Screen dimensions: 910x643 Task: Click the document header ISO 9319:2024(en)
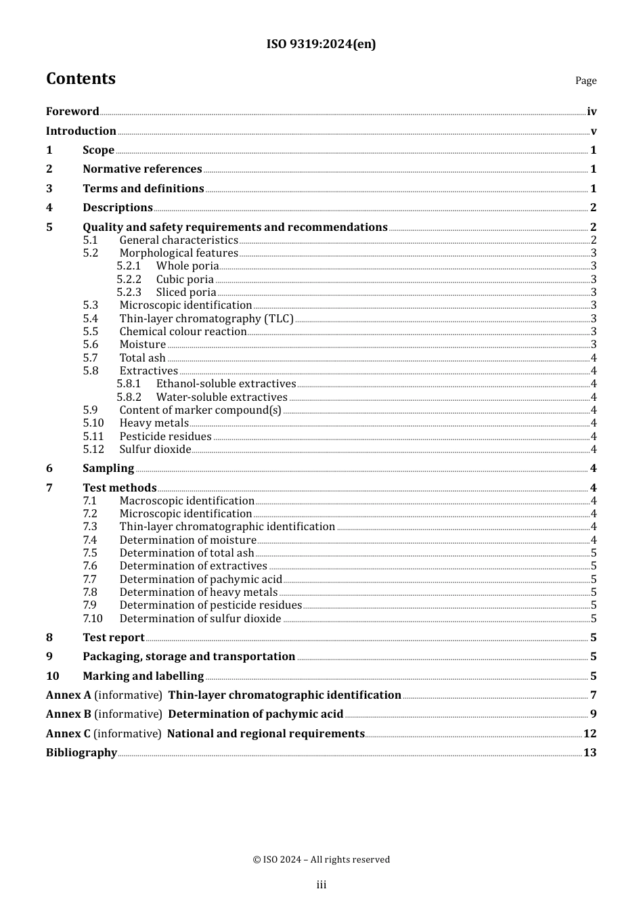coord(321,44)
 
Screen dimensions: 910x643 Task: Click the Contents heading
coord(81,79)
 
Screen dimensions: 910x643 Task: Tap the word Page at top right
coord(585,81)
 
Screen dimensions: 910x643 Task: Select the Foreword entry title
coord(72,112)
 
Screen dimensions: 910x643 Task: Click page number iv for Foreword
coord(592,112)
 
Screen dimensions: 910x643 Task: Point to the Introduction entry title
coord(81,131)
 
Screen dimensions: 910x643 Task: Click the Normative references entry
coord(142,169)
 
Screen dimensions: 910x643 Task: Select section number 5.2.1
coord(129,266)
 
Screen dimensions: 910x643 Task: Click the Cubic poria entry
coord(185,280)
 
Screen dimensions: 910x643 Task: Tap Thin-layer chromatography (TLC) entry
coord(206,319)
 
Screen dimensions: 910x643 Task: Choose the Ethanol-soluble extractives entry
coord(226,384)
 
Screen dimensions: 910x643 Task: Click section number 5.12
coord(93,450)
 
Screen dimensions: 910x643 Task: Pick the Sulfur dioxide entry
coord(155,450)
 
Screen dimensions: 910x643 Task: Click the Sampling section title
coord(108,469)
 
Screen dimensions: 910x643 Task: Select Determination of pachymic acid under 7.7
coord(200,580)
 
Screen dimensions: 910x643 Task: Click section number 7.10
coord(93,619)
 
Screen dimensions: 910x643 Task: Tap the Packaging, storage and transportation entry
coord(189,657)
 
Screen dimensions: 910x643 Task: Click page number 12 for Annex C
coord(590,734)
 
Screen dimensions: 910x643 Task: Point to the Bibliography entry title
coord(81,753)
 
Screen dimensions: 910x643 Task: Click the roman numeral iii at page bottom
coord(321,885)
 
